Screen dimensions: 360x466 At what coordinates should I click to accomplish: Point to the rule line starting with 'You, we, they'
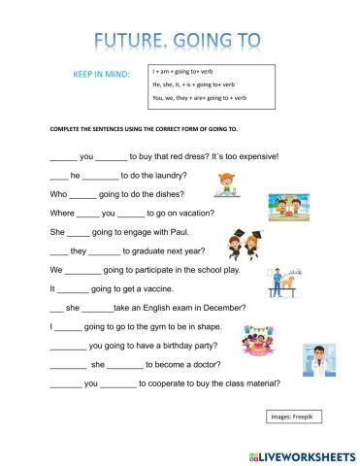[x=204, y=98]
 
